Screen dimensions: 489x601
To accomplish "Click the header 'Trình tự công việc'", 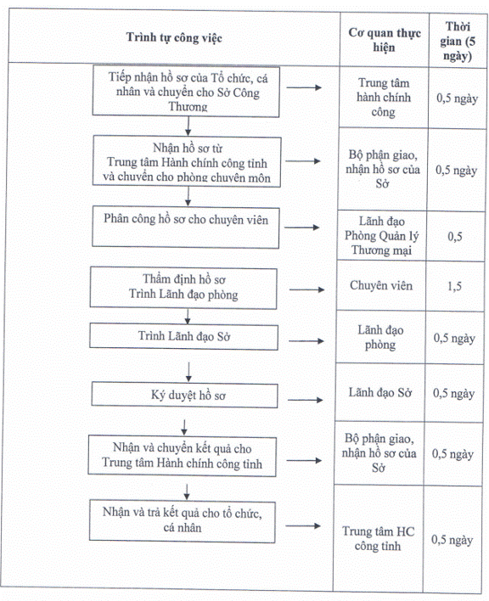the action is [174, 37].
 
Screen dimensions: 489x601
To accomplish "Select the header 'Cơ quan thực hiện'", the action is [385, 40].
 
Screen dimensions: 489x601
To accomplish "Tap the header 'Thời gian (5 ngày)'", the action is [458, 41].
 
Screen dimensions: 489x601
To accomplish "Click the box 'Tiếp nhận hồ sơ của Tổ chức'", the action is [186, 91].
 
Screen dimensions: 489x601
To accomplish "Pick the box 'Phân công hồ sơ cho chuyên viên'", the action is [185, 227].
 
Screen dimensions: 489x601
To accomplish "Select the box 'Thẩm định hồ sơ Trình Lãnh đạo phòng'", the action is [183, 288].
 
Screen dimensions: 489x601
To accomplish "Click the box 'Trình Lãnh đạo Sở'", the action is [183, 336].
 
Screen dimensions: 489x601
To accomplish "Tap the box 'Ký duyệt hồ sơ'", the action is [184, 396].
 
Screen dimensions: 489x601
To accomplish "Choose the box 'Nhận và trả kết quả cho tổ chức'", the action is [182, 520].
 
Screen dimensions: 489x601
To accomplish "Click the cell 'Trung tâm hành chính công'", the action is [384, 98].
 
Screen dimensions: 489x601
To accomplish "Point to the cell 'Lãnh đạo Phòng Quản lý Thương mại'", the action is [381, 235].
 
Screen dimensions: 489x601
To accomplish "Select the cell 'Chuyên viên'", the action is [381, 285].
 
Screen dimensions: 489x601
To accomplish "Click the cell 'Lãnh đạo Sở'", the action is [379, 392].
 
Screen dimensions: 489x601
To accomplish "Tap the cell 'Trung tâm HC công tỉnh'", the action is [379, 538].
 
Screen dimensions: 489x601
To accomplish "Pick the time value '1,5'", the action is [454, 286].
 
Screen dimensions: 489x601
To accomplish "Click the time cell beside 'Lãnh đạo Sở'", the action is [453, 393].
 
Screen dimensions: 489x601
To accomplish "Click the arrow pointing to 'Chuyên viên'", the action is [306, 289].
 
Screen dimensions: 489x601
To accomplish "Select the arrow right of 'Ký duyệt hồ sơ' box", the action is [306, 400].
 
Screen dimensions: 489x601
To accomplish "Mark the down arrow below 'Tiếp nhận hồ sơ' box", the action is [188, 126].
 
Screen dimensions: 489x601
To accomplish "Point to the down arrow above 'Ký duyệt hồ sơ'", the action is [188, 372].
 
